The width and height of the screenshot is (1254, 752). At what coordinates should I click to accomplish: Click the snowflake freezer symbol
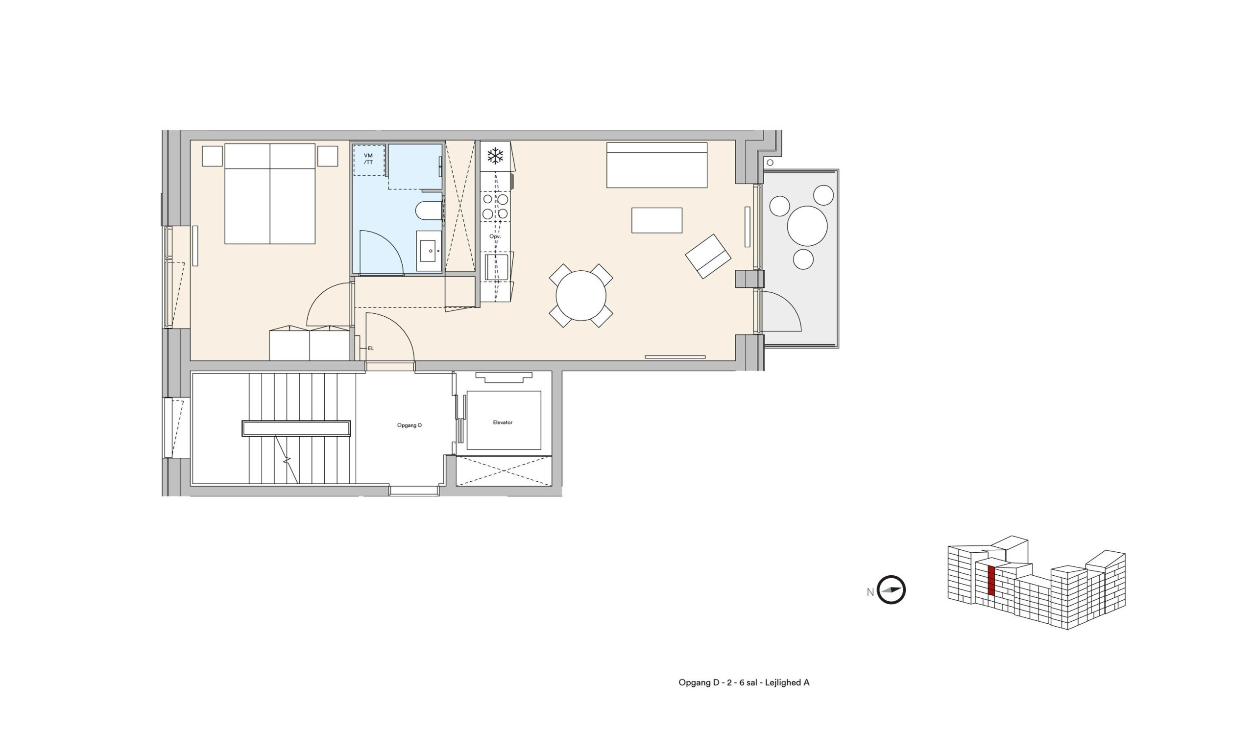click(x=495, y=156)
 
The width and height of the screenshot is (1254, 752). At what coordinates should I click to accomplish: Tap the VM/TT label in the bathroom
click(x=368, y=159)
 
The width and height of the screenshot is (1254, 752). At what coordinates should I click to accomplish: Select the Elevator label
click(x=503, y=422)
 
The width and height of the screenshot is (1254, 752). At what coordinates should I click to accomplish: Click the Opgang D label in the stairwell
click(x=410, y=425)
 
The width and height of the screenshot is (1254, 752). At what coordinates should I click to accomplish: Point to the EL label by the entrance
click(x=371, y=348)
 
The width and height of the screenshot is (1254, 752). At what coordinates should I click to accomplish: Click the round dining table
click(x=581, y=295)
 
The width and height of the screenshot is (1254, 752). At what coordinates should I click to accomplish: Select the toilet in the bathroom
click(x=429, y=211)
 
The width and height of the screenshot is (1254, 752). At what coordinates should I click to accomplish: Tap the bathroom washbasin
click(x=429, y=251)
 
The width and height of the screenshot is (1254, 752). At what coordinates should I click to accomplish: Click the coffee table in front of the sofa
click(x=656, y=220)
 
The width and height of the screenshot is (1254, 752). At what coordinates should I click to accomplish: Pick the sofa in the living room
click(x=657, y=165)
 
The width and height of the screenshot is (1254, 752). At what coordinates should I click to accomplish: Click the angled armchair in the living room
click(x=708, y=256)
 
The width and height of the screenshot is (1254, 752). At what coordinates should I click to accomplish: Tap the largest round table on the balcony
click(x=807, y=226)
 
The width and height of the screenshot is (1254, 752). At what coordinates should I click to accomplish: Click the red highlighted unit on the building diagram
click(x=991, y=580)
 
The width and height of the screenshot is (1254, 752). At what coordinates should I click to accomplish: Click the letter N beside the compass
click(x=870, y=592)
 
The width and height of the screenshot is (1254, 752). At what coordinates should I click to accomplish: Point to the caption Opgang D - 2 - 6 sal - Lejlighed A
click(x=744, y=682)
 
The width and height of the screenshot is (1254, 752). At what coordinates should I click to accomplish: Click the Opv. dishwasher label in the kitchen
click(x=495, y=236)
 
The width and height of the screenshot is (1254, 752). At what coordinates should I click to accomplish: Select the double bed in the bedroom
click(x=269, y=193)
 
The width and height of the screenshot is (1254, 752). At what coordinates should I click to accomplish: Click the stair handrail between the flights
click(x=296, y=428)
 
